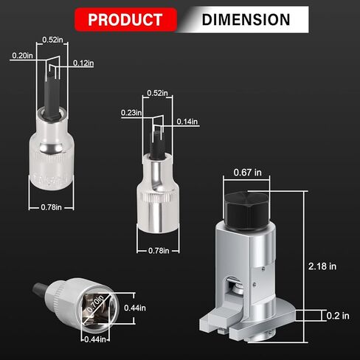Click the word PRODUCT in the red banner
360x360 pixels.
click(125, 19)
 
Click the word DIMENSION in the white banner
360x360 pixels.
click(246, 20)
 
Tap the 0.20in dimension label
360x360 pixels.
click(22, 55)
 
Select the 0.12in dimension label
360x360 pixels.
click(83, 63)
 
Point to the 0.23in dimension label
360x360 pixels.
click(131, 113)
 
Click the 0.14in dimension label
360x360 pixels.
click(187, 122)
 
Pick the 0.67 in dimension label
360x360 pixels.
click(247, 173)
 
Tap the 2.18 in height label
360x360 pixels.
click(322, 266)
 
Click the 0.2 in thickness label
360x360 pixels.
click(338, 316)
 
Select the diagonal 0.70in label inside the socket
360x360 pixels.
click(96, 303)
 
